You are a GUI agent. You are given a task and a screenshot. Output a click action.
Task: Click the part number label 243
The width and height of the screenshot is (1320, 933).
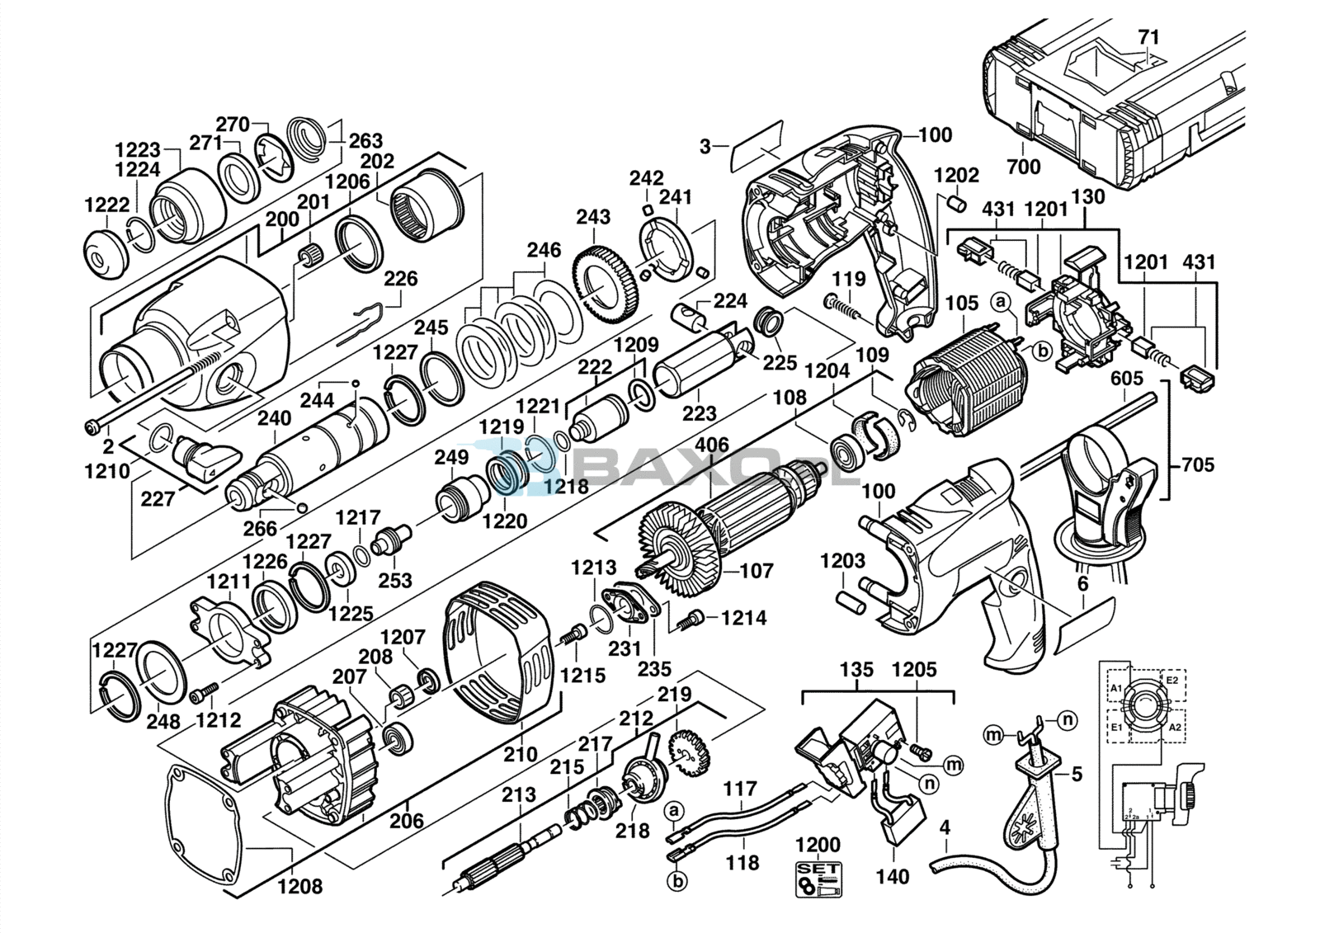point(593,217)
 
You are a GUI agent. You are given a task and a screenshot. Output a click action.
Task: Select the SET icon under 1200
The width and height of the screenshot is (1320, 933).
point(817,879)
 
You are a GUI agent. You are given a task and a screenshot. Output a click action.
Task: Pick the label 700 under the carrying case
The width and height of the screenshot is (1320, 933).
point(1023,167)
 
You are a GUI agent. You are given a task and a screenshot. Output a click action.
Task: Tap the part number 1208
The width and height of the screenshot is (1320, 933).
point(300,887)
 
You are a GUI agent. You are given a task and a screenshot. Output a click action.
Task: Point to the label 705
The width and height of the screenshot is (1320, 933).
point(1197,465)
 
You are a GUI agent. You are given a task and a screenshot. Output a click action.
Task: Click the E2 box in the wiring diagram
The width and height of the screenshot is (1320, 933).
point(1171,682)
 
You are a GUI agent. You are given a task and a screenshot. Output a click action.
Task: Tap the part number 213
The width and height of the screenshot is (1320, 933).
point(519,795)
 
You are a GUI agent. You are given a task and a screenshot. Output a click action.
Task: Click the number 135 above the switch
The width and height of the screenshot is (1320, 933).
point(857,669)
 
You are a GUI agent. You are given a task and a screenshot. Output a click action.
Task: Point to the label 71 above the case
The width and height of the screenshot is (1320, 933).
point(1148,37)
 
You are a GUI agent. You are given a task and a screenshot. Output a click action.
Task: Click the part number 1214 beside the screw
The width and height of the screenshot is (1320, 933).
point(744,617)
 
